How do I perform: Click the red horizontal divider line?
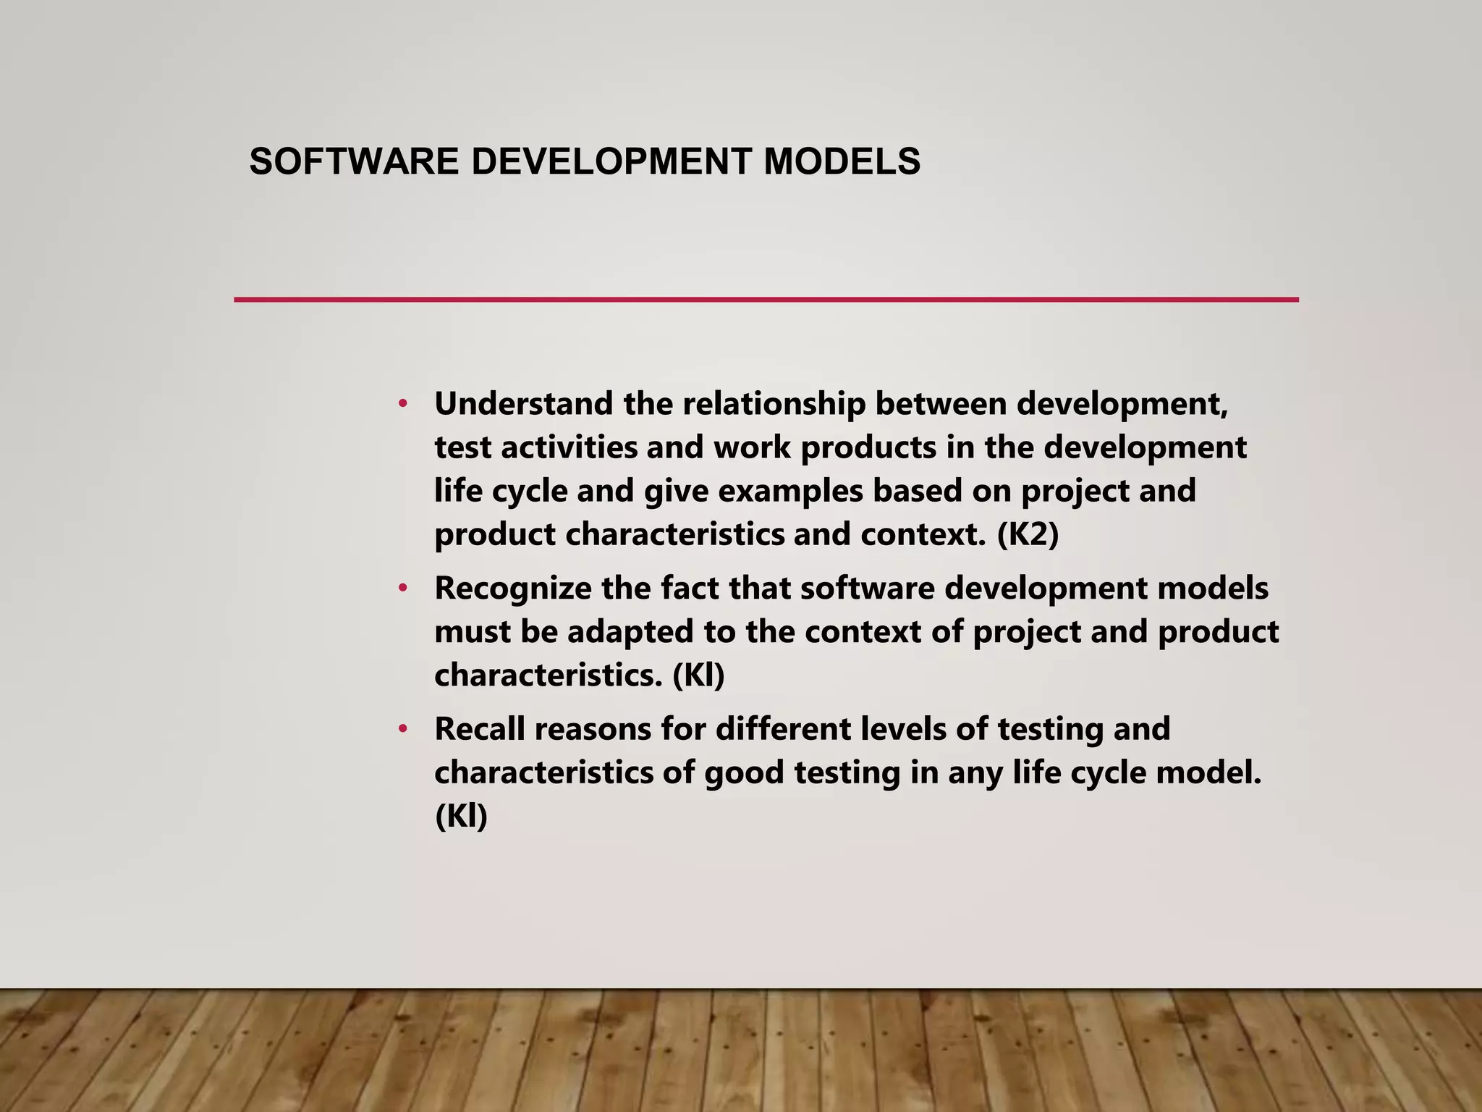pos(766,300)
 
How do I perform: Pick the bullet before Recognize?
pos(403,588)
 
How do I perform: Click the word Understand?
pos(523,403)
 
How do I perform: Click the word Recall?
pos(479,728)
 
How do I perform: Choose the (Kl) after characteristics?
pos(698,675)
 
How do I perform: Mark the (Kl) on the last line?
pos(461,817)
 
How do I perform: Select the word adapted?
pos(630,631)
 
